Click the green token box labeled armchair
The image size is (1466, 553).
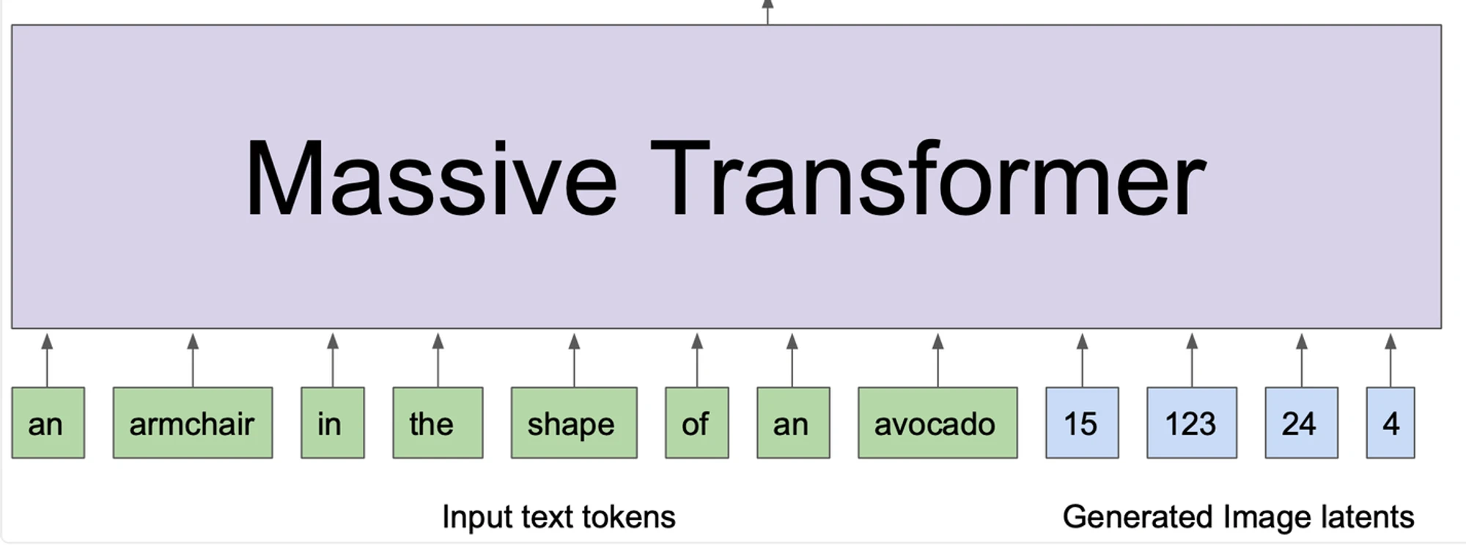tap(193, 423)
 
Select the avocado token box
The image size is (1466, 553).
tap(938, 423)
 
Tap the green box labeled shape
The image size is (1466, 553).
tap(574, 423)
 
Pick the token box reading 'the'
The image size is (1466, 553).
tap(438, 423)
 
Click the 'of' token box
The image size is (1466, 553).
tap(697, 423)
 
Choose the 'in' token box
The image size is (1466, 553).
tap(333, 423)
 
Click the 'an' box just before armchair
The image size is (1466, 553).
tap(48, 423)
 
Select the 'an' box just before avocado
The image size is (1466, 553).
tap(793, 423)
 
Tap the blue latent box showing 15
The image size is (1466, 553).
tap(1082, 423)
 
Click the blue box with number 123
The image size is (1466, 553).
tap(1192, 423)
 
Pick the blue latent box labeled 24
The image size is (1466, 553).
tap(1301, 423)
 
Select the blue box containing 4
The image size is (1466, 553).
tap(1391, 423)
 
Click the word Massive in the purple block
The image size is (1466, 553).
tap(432, 179)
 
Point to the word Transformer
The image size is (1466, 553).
tap(928, 179)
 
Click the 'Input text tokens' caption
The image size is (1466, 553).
tap(559, 517)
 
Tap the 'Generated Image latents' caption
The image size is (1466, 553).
tap(1238, 517)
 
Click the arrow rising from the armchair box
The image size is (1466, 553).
tap(193, 360)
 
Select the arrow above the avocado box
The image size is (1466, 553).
tap(938, 360)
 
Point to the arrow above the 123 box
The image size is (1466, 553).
tap(1192, 360)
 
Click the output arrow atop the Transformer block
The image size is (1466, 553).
tap(767, 12)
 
